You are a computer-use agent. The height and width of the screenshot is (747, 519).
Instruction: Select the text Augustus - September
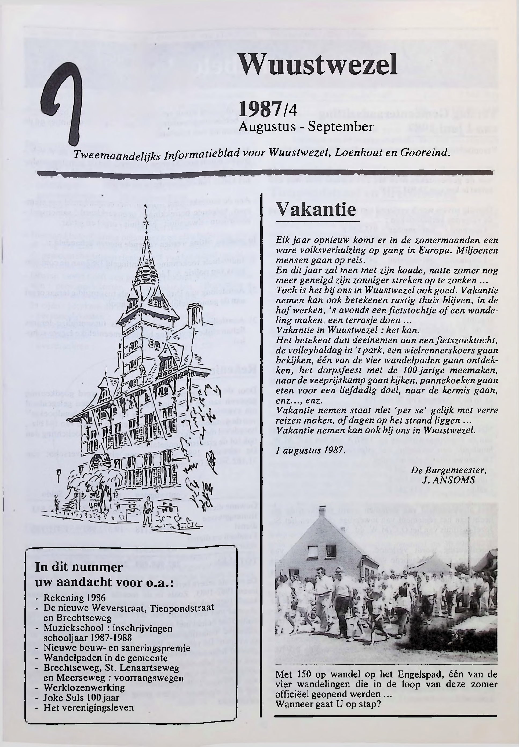(306, 126)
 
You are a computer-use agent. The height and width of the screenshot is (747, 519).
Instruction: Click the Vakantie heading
(316, 210)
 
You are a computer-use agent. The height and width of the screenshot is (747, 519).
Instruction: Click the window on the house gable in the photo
(313, 551)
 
